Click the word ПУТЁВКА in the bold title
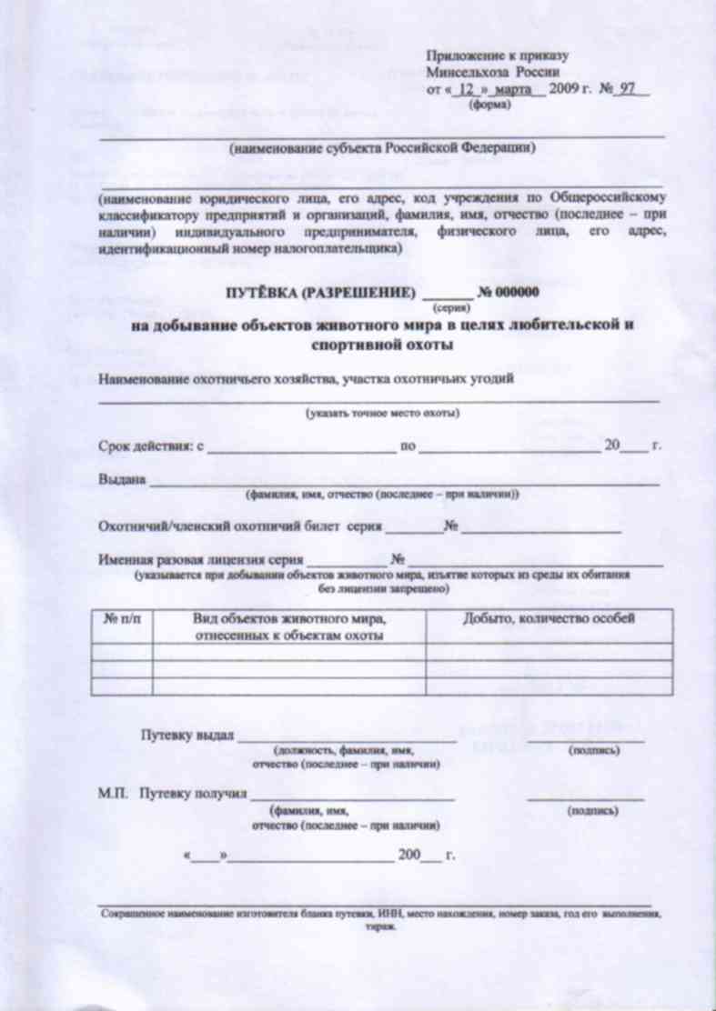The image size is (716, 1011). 263,294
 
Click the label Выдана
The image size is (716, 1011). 123,481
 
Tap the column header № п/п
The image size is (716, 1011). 122,619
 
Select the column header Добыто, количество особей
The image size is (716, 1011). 549,619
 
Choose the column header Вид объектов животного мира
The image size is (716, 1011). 289,619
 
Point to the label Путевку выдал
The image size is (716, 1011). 187,735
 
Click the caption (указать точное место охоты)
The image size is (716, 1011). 381,414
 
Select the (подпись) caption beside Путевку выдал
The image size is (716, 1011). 593,751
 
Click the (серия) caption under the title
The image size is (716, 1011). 449,309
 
